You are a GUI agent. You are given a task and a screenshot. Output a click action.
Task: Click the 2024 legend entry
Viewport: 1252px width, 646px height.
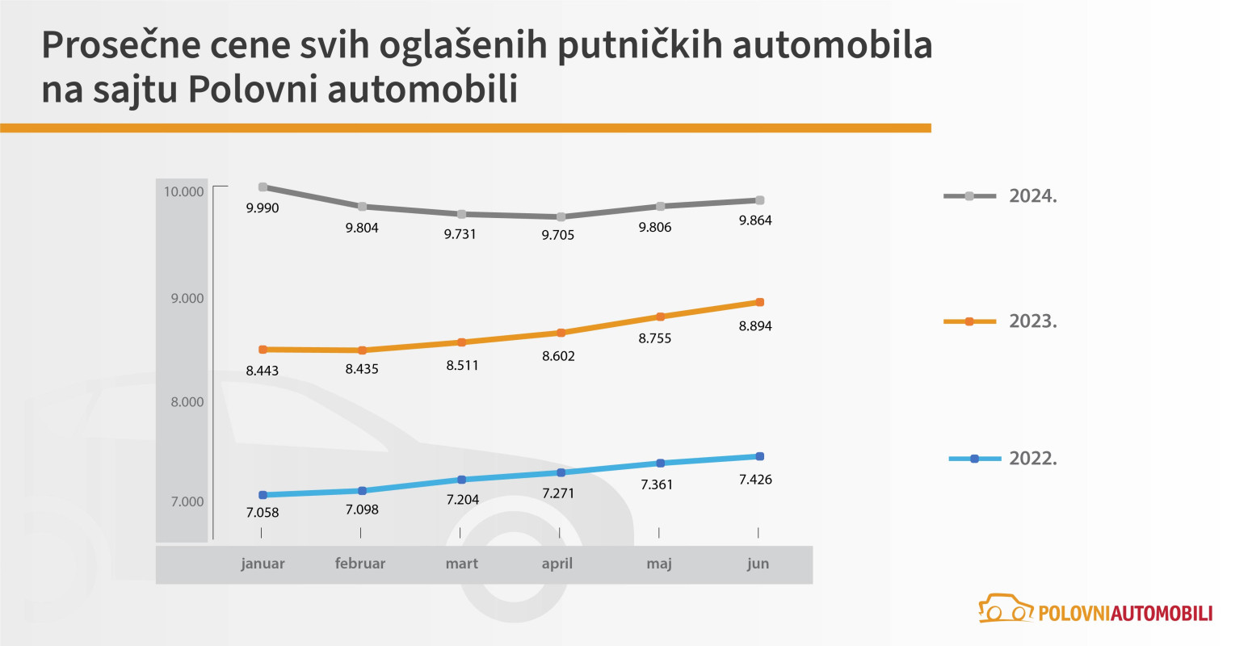point(1001,196)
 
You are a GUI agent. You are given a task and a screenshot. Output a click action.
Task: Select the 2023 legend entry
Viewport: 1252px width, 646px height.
point(1001,321)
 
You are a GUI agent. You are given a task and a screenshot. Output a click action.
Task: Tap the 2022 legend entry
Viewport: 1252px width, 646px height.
point(1002,459)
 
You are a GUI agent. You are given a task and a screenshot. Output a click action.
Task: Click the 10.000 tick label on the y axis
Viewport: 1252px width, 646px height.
point(183,191)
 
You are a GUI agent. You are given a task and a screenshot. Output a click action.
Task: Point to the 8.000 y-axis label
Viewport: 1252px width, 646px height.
point(187,402)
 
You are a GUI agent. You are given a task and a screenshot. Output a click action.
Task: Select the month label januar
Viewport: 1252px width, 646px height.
point(263,564)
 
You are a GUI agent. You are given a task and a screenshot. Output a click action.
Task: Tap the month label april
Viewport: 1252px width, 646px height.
point(557,564)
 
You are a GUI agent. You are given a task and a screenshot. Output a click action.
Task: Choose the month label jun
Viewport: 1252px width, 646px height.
point(758,564)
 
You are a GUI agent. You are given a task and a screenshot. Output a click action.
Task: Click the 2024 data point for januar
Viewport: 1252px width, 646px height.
point(263,187)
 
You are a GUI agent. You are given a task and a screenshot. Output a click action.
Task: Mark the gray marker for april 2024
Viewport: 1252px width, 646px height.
point(561,216)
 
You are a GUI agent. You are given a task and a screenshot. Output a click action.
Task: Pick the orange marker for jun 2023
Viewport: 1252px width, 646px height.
point(759,302)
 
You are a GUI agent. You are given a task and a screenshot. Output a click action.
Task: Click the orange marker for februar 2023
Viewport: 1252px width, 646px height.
point(362,350)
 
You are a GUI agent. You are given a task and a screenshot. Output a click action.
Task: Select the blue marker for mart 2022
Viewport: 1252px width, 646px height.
point(461,480)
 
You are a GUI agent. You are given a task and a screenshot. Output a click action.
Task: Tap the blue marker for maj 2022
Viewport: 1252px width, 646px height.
point(660,464)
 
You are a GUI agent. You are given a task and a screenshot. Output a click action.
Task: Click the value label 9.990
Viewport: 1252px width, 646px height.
point(263,208)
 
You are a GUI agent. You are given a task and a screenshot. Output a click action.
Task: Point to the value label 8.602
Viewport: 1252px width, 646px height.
point(558,356)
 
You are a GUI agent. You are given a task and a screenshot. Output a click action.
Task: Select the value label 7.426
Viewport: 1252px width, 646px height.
point(755,480)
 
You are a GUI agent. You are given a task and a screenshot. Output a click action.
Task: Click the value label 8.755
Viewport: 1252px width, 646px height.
point(655,338)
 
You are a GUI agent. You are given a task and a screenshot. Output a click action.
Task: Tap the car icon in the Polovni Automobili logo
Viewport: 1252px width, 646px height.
point(1006,610)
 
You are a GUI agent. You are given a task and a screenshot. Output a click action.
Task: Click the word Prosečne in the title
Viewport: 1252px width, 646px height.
point(120,46)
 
